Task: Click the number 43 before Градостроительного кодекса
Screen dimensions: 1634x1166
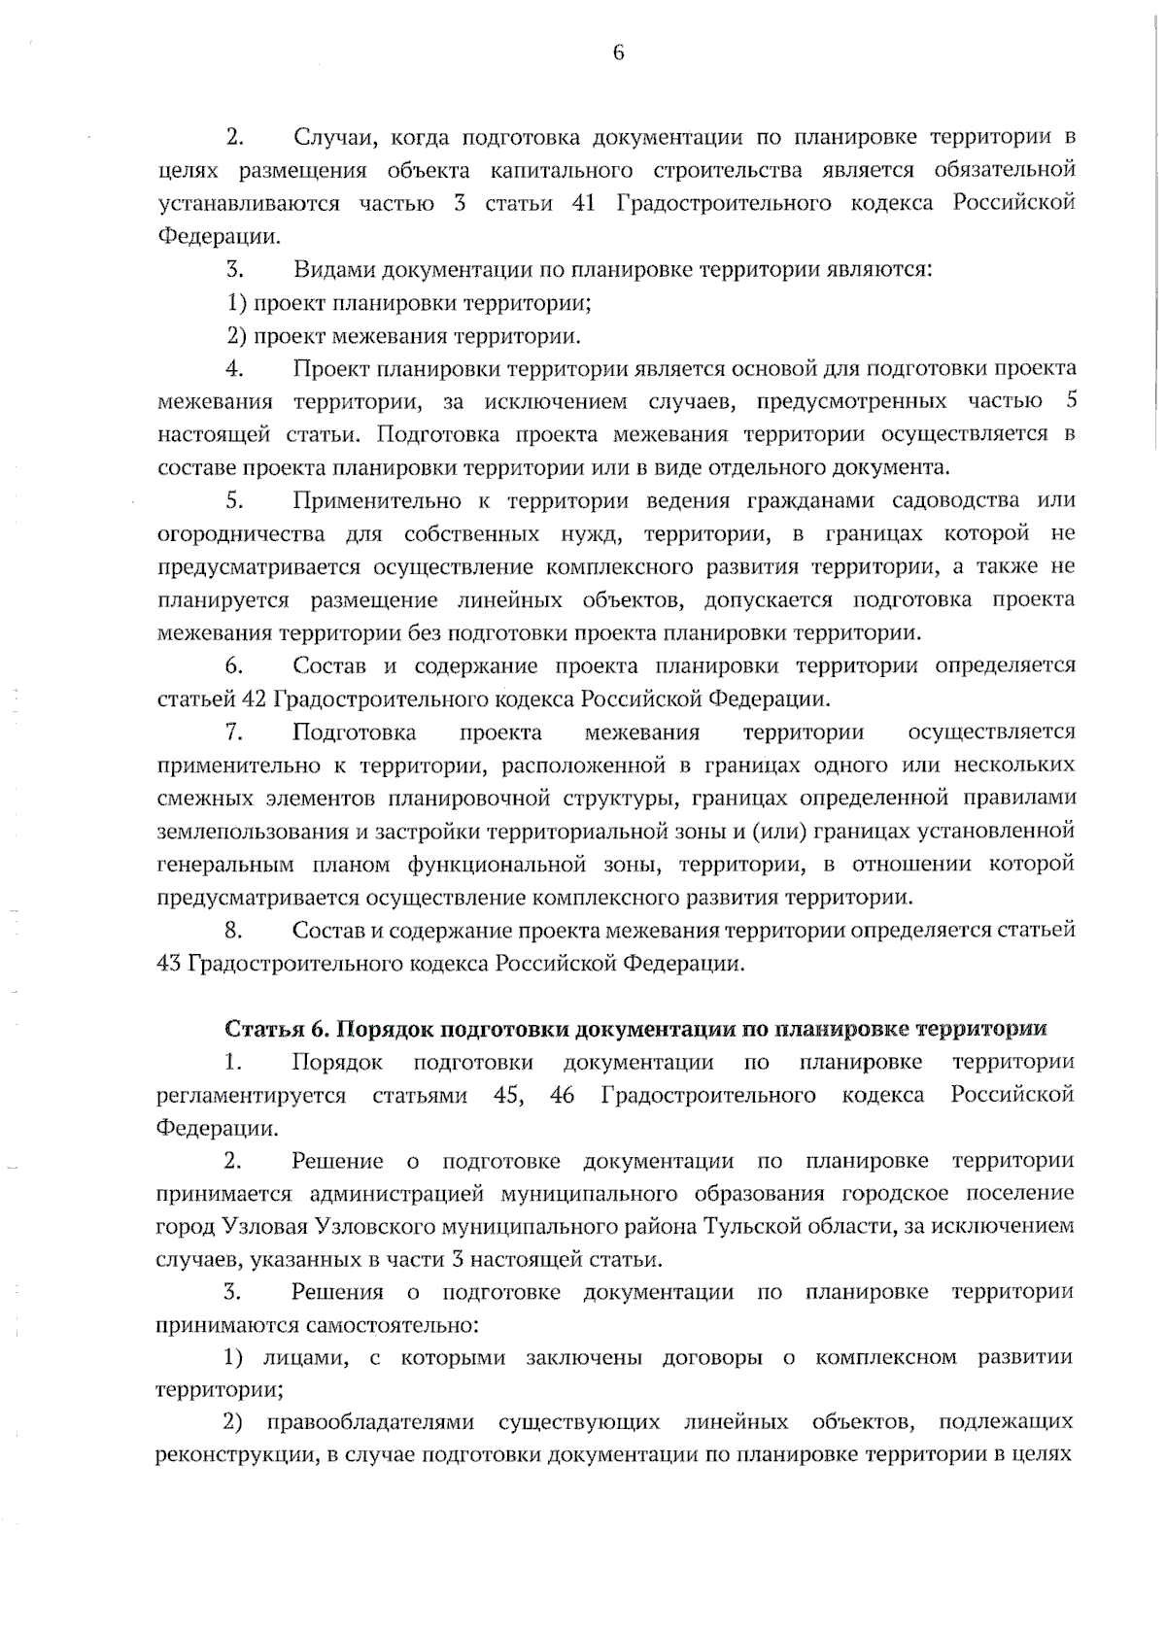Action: point(168,964)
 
